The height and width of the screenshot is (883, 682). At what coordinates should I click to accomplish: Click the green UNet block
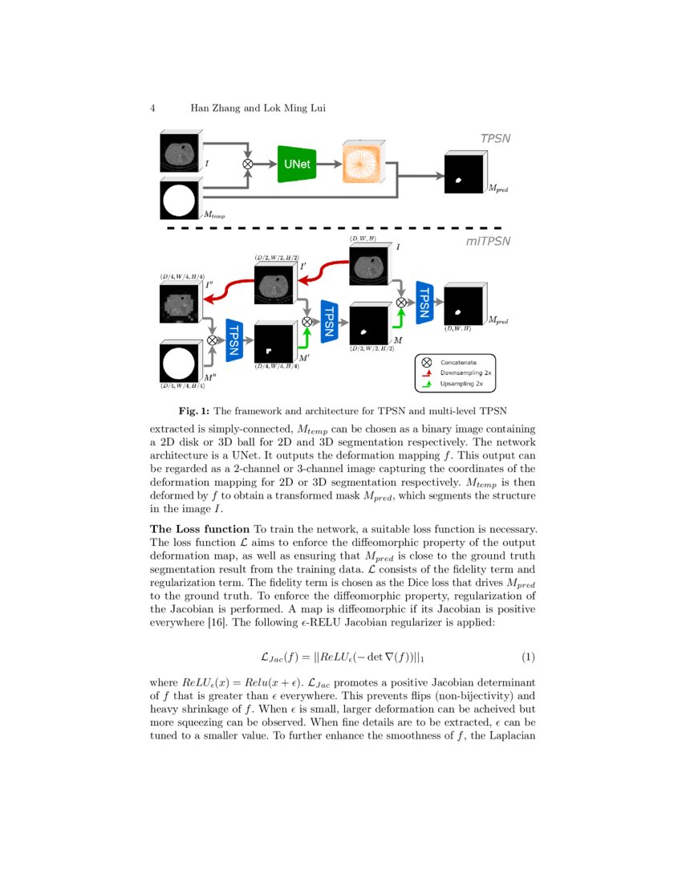pos(298,164)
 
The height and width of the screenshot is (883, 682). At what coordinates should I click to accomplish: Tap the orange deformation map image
pos(362,163)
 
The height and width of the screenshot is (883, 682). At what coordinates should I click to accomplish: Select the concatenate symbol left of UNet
pos(248,164)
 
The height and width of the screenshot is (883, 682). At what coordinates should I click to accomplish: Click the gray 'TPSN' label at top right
pos(495,139)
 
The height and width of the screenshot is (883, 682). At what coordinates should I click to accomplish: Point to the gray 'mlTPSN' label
pos(489,241)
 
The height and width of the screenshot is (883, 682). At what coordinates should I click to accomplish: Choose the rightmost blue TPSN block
pos(424,303)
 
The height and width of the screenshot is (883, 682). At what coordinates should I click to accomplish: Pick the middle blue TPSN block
pos(327,321)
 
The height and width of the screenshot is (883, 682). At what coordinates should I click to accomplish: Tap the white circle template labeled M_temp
pos(180,200)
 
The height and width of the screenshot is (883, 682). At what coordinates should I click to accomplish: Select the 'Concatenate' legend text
pos(458,363)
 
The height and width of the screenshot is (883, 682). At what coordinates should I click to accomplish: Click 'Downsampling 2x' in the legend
pos(465,373)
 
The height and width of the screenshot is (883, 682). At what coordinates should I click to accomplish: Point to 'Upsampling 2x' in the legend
pos(461,385)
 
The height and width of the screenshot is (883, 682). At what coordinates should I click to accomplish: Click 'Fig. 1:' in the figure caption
pos(194,412)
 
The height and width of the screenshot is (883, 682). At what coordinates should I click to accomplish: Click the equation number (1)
pos(528,657)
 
